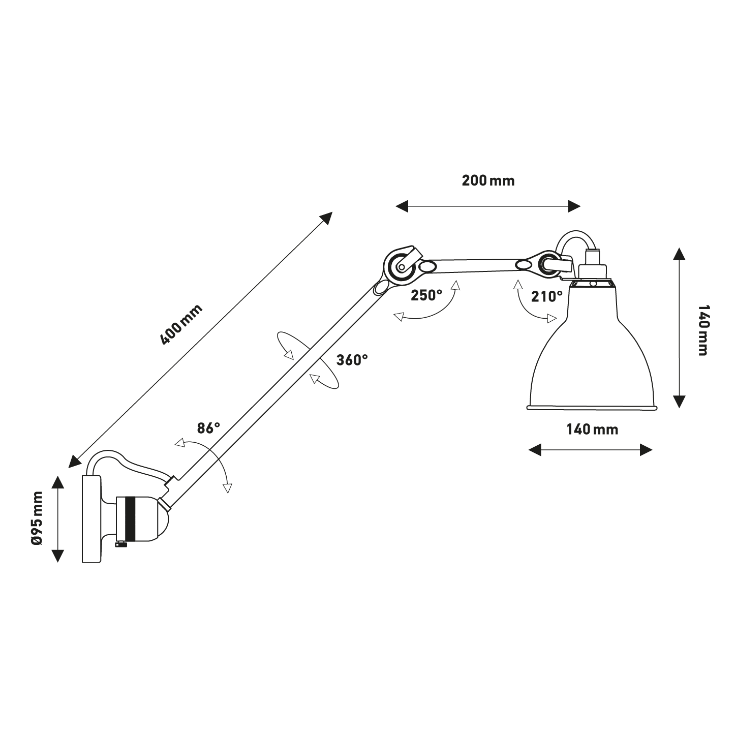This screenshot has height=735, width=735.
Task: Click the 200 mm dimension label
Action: pyautogui.click(x=488, y=180)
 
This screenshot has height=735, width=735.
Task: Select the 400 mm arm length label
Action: pyautogui.click(x=181, y=325)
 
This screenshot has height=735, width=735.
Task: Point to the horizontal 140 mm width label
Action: pyautogui.click(x=592, y=430)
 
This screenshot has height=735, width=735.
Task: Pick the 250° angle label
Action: pyautogui.click(x=426, y=295)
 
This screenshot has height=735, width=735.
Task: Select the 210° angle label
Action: pyautogui.click(x=547, y=296)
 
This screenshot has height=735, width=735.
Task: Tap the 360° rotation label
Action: pyautogui.click(x=352, y=360)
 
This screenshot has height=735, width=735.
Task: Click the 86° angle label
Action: pyautogui.click(x=208, y=428)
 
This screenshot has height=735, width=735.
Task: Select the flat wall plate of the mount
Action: pyautogui.click(x=92, y=518)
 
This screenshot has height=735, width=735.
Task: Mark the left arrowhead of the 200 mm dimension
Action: pyautogui.click(x=402, y=206)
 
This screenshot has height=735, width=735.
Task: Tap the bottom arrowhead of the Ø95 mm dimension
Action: pyautogui.click(x=57, y=556)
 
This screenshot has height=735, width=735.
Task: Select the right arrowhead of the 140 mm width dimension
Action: pyautogui.click(x=646, y=450)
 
